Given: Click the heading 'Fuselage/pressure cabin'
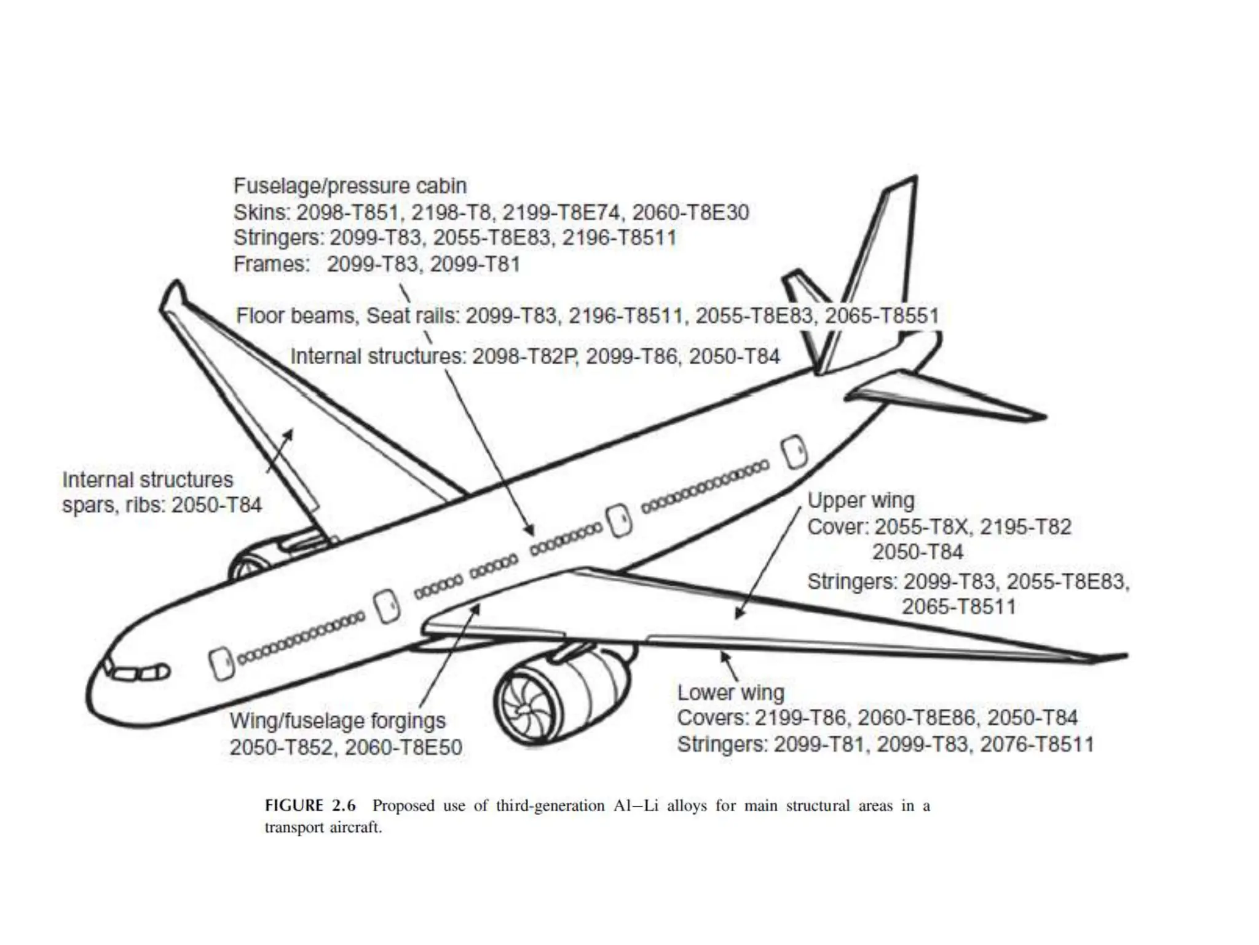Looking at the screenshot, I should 350,186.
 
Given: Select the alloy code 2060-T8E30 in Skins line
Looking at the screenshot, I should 690,212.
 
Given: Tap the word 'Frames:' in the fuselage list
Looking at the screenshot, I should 271,264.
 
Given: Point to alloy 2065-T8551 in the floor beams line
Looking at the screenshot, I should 882,316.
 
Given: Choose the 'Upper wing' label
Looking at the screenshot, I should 861,500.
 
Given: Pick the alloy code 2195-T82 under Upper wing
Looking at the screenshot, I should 1025,527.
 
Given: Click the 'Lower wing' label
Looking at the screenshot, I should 730,692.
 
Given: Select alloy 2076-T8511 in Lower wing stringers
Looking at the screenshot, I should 1036,744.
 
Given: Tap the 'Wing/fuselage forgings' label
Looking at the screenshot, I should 337,720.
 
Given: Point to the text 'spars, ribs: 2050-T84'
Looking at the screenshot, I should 162,505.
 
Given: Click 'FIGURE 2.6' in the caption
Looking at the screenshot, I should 310,805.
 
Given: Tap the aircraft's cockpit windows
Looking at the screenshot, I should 140,673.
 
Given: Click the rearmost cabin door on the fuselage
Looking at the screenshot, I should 794,452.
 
